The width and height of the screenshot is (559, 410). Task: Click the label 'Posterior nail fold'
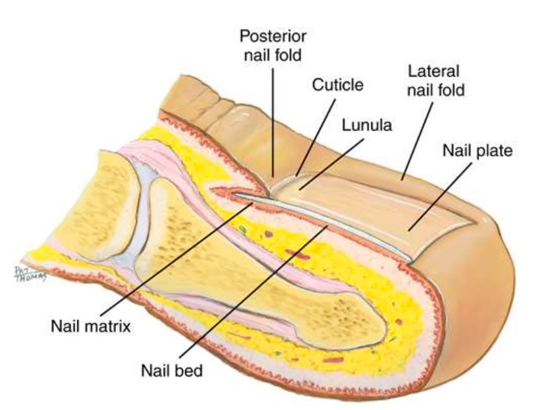click(274, 44)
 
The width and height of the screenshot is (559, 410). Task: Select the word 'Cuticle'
click(337, 85)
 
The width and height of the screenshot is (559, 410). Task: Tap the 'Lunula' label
click(367, 125)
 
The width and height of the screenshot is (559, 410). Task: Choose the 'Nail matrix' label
click(91, 325)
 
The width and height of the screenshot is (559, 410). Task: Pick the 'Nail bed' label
click(172, 370)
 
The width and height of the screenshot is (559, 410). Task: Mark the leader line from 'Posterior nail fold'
click(274, 116)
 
